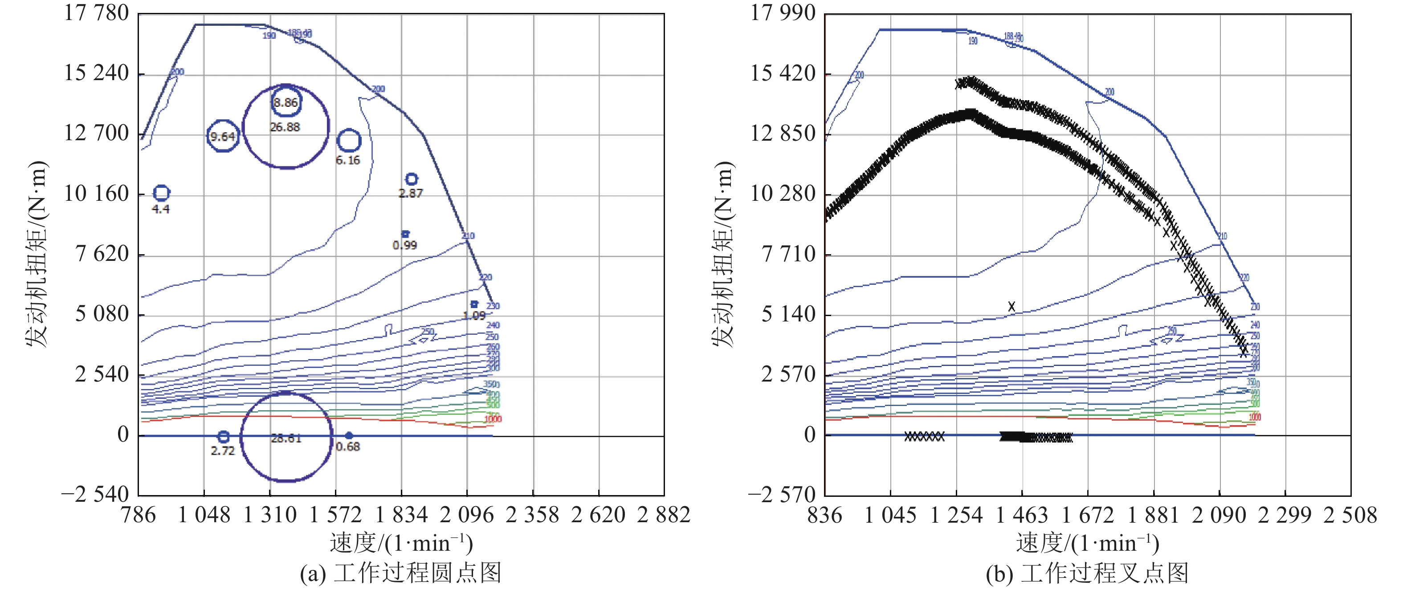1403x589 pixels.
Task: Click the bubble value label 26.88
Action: click(285, 127)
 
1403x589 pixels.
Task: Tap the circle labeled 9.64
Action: click(223, 136)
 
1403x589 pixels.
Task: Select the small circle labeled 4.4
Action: click(161, 193)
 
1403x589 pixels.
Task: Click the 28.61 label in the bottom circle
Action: click(286, 438)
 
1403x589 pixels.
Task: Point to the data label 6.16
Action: click(347, 160)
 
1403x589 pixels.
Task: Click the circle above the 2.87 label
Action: click(411, 179)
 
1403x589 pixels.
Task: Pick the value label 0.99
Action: click(405, 245)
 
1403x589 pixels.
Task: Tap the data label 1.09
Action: click(474, 316)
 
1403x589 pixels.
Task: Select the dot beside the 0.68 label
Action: click(349, 435)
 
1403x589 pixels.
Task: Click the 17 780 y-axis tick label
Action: click(96, 13)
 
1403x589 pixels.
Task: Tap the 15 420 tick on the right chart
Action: click(783, 73)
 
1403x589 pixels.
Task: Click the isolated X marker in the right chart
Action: click(1011, 306)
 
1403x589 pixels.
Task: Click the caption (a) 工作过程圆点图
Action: click(400, 573)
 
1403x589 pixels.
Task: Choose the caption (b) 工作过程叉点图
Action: click(1087, 573)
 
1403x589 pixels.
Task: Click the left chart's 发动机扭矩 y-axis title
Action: click(37, 254)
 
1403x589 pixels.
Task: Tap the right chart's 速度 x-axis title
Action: click(1087, 543)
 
